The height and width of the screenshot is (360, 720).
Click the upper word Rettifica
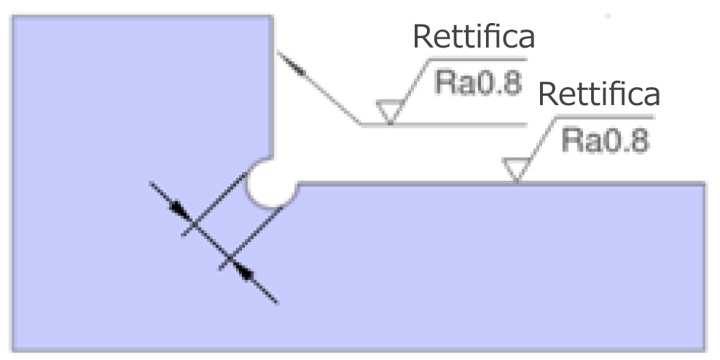click(x=474, y=37)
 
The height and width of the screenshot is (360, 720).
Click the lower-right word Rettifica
click(x=599, y=94)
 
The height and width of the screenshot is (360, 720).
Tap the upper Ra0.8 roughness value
click(x=479, y=83)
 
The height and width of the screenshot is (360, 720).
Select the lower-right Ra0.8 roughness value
click(x=606, y=140)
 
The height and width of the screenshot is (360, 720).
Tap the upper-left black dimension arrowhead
click(x=181, y=210)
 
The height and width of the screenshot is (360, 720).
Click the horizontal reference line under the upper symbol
click(x=444, y=125)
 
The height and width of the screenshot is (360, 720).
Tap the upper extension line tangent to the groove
click(x=215, y=204)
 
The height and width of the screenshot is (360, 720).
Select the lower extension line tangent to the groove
click(x=251, y=238)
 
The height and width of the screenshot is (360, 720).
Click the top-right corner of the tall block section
click(x=273, y=17)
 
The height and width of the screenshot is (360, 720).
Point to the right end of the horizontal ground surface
click(x=704, y=184)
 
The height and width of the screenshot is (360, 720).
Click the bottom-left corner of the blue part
click(x=13, y=351)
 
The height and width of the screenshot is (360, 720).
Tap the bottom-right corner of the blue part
click(x=704, y=351)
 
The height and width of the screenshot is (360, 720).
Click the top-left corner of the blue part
click(x=13, y=17)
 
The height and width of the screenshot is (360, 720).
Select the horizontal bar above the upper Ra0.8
click(x=477, y=59)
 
